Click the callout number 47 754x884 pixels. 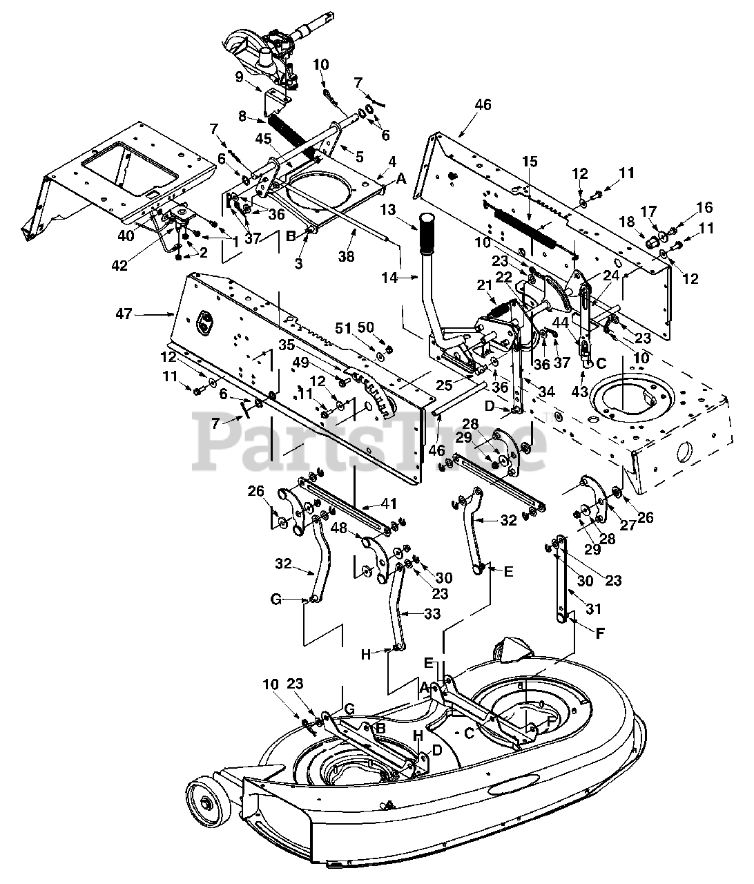tap(124, 314)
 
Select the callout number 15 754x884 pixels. tap(530, 162)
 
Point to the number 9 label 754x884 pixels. tap(239, 77)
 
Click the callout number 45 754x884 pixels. tap(264, 139)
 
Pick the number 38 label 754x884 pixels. tap(347, 256)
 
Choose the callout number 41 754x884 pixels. tap(389, 503)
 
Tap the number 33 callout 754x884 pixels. tap(432, 614)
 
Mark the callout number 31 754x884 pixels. tap(594, 608)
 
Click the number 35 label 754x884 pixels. tap(287, 345)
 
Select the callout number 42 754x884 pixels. tap(119, 266)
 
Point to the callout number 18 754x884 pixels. tap(627, 222)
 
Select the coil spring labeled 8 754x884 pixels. tap(292, 137)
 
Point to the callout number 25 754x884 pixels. tap(444, 385)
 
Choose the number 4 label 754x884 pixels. tap(392, 162)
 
